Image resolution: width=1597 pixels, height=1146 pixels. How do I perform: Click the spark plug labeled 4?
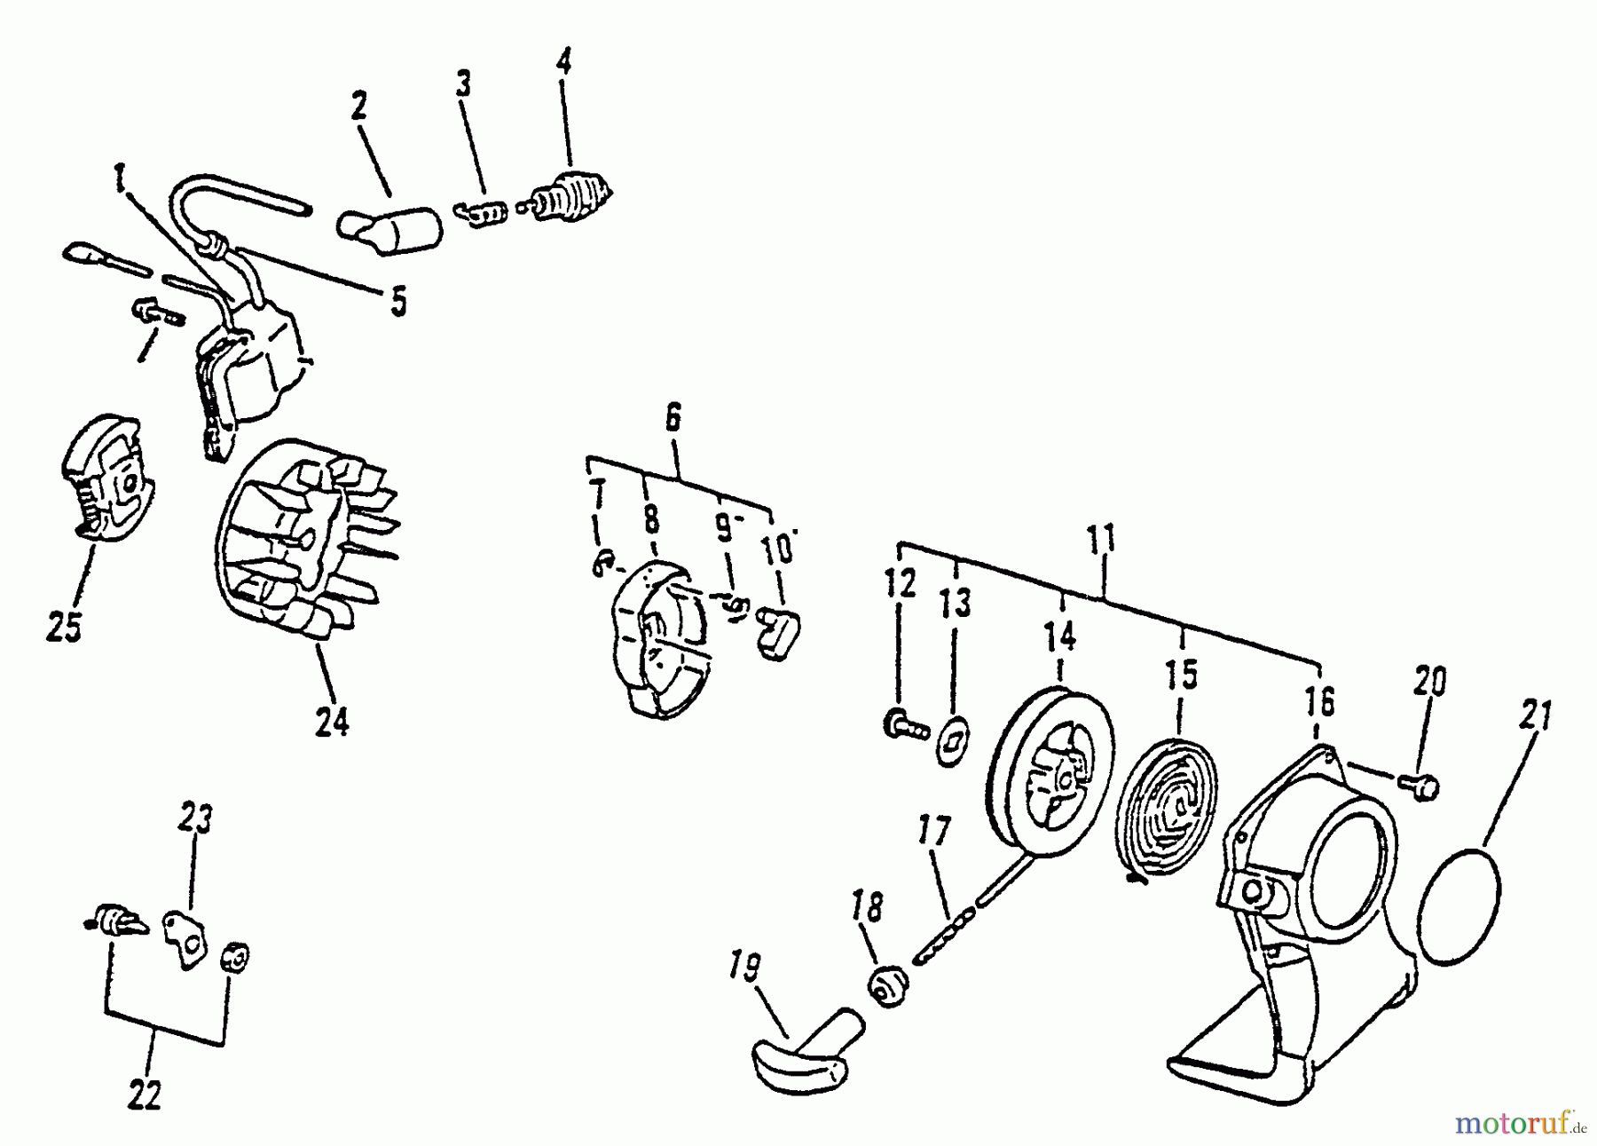(x=572, y=194)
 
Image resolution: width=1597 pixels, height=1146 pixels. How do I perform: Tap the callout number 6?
(x=673, y=416)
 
